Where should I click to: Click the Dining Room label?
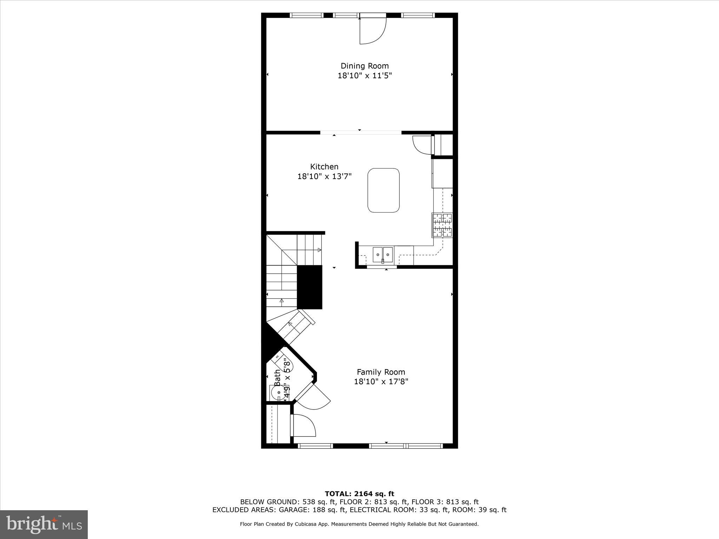[x=364, y=66]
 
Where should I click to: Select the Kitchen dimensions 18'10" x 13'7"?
[x=324, y=176]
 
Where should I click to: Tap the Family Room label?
[x=381, y=372]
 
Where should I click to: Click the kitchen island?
[x=383, y=190]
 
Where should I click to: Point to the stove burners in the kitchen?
[x=442, y=225]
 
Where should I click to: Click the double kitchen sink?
[x=383, y=254]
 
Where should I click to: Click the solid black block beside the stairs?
[x=310, y=287]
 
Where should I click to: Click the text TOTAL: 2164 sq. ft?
[x=359, y=494]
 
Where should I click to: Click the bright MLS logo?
[x=44, y=525]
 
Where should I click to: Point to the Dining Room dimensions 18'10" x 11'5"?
[x=364, y=75]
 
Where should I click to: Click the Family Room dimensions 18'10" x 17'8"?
[x=381, y=381]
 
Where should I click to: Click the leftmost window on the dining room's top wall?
[x=306, y=15]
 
